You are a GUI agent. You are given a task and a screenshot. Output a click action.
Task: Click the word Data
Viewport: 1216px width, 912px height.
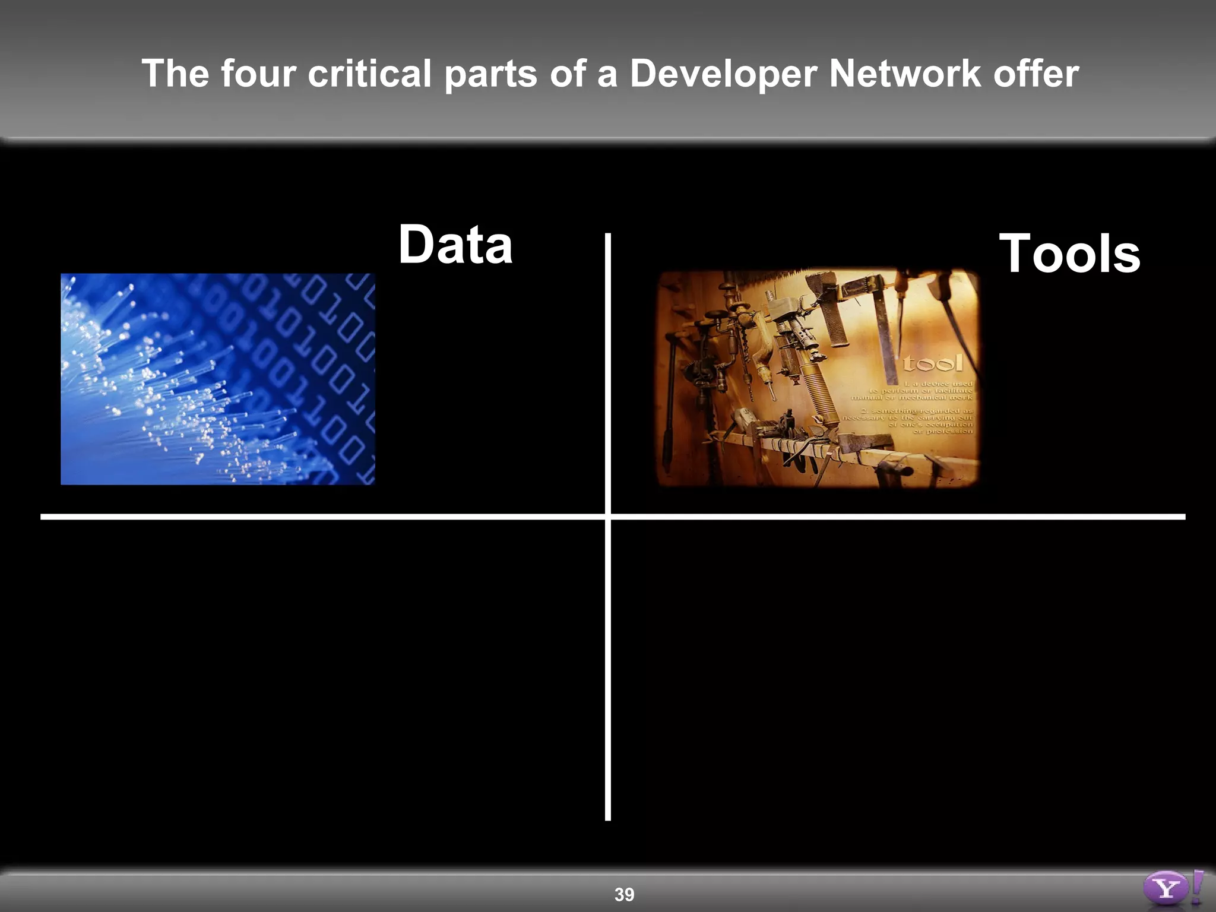[455, 245]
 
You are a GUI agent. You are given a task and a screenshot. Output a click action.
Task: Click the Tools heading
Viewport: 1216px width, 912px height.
[1069, 254]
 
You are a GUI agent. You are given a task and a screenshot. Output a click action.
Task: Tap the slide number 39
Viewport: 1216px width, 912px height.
[624, 894]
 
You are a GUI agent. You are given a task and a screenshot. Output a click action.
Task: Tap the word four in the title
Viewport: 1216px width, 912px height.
[258, 74]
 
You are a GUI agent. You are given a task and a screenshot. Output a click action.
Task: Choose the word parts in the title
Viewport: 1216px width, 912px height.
[490, 75]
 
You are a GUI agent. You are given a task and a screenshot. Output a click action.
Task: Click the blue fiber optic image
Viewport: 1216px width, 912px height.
[217, 379]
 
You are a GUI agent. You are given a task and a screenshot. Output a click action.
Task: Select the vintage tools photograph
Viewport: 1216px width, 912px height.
[818, 378]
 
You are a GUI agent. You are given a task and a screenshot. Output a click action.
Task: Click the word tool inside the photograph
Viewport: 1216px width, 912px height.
[933, 363]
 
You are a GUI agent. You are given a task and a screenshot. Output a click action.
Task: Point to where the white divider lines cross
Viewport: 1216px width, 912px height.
[608, 517]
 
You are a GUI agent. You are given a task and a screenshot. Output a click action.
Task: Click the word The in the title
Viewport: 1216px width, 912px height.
[175, 74]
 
